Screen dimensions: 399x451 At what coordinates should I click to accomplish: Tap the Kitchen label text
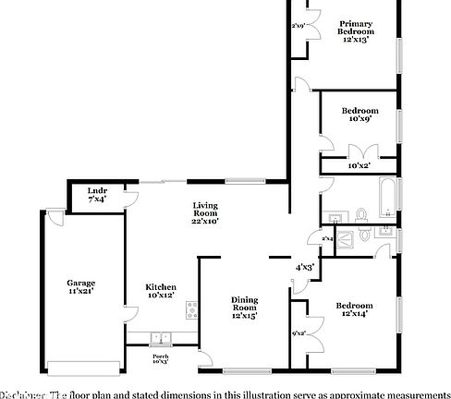point(161,287)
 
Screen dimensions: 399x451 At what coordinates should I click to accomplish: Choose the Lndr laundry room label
point(97,191)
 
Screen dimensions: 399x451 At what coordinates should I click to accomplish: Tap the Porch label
point(161,356)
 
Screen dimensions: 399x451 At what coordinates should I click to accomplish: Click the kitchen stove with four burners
point(192,309)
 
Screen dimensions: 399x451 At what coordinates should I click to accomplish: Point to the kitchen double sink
point(159,338)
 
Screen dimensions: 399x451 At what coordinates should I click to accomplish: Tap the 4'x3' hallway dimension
point(305,266)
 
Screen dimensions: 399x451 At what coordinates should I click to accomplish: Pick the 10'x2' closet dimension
point(360,165)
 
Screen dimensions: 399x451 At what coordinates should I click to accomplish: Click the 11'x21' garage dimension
point(80,291)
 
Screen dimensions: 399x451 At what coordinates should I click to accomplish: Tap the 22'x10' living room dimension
point(205,222)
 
